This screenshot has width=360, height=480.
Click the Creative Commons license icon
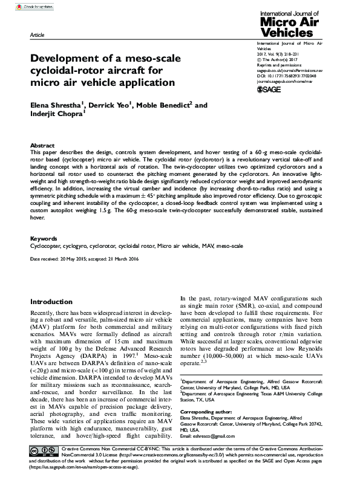click(x=45, y=452)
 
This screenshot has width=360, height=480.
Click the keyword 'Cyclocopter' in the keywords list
click(x=45, y=247)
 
